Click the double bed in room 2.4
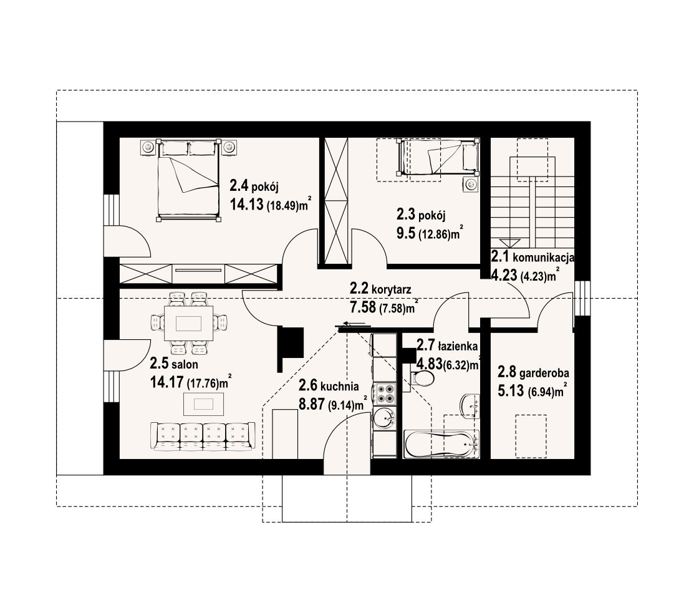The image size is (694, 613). coord(188,180)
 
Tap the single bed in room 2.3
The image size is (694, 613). coord(438,157)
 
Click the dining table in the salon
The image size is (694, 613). coord(188,324)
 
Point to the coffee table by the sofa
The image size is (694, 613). coord(204,405)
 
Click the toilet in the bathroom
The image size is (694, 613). coord(422,379)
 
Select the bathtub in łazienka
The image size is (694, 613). coord(441,444)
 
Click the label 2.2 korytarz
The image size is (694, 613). coord(380,289)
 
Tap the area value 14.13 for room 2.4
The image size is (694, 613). coord(246,205)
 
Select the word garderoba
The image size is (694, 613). coord(544,373)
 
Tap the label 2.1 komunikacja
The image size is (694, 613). coord(533,257)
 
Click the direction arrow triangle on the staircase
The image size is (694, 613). coord(510,243)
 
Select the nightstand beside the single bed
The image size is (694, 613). coord(471,184)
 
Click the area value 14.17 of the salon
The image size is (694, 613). coord(166,382)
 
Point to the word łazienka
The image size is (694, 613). coord(458,345)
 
